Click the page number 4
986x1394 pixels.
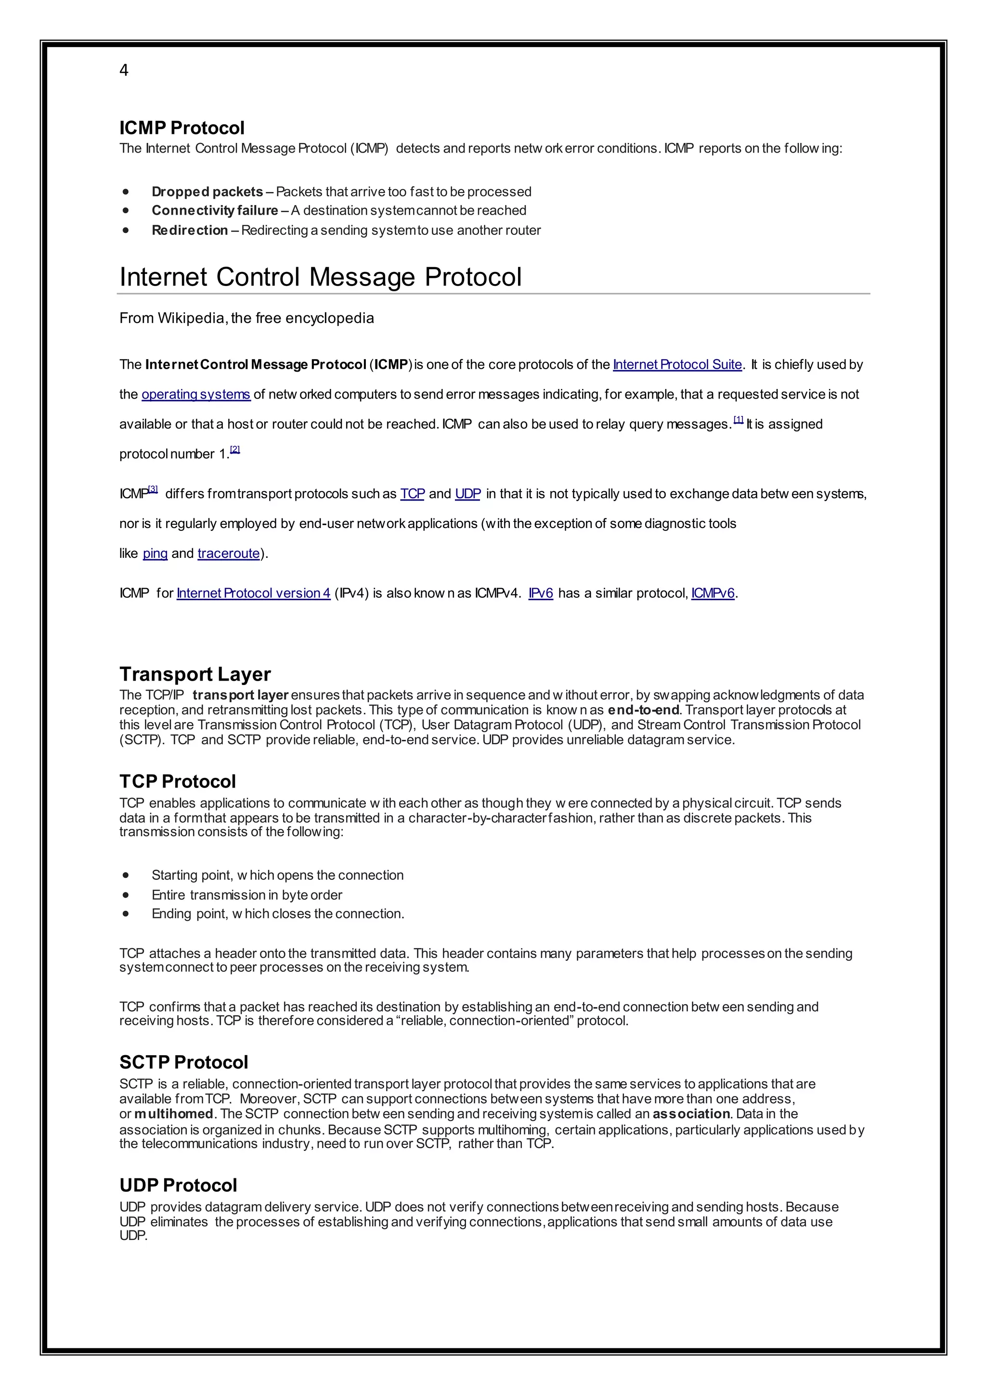pos(124,70)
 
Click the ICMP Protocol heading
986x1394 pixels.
pos(182,128)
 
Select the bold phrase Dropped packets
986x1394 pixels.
pos(207,192)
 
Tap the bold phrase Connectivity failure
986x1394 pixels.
pos(214,211)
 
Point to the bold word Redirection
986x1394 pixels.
pos(189,230)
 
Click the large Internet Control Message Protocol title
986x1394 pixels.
pos(320,277)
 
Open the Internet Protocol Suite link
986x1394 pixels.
pos(677,364)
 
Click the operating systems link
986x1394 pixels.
pos(195,394)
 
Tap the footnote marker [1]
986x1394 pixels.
pos(738,420)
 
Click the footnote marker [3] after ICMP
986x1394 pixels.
pos(153,490)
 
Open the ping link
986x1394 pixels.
pos(155,553)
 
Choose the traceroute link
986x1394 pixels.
pos(228,553)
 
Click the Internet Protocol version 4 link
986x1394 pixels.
pos(253,593)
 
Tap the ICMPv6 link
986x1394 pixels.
pos(713,593)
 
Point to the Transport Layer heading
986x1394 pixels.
pos(195,674)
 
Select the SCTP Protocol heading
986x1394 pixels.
pos(183,1062)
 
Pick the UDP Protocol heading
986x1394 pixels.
pos(178,1185)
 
